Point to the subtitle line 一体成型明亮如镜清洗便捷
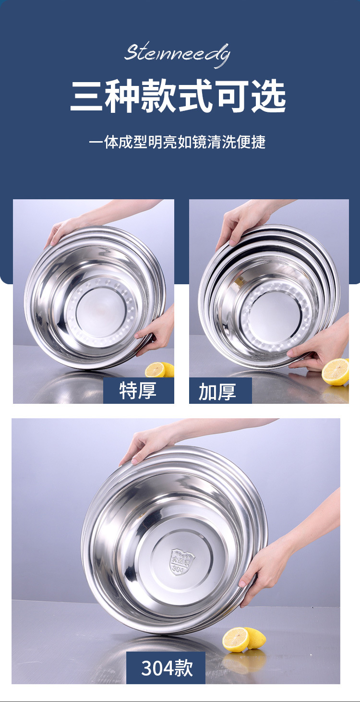point(177,142)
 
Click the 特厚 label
point(138,390)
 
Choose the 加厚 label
point(217,391)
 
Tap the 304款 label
point(166,668)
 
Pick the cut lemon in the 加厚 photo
point(335,372)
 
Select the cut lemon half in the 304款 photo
point(236,639)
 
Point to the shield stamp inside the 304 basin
point(182,560)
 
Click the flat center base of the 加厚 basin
point(274,316)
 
